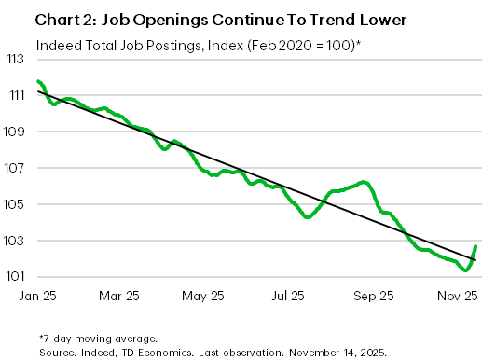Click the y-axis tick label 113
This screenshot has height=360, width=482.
(x=17, y=59)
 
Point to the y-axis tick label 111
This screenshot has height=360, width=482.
(x=17, y=95)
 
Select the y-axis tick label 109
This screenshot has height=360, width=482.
(x=17, y=132)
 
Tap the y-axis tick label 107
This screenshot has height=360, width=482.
(x=17, y=168)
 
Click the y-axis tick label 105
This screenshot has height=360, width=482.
(x=17, y=204)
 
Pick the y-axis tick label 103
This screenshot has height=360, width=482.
(x=17, y=241)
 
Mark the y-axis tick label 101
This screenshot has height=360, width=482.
(x=17, y=277)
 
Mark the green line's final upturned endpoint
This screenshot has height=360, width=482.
(x=475, y=246)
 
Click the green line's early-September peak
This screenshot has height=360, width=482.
(x=363, y=182)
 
